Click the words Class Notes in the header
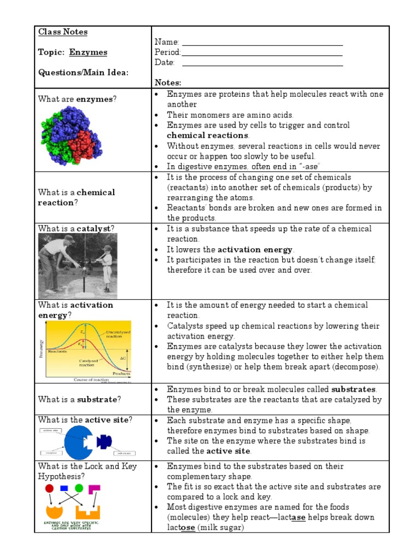pyautogui.click(x=63, y=32)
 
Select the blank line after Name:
pyautogui.click(x=262, y=43)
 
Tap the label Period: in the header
pyautogui.click(x=167, y=52)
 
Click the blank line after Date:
pyautogui.click(x=262, y=63)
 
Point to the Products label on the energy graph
pyautogui.click(x=121, y=374)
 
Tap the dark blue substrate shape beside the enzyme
pyautogui.click(x=103, y=441)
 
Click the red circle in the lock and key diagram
pyautogui.click(x=50, y=488)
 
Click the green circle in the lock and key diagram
pyautogui.click(x=79, y=488)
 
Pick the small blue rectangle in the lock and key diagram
pyautogui.click(x=64, y=488)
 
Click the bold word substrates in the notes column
pyautogui.click(x=354, y=389)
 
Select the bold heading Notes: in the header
pyautogui.click(x=167, y=82)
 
